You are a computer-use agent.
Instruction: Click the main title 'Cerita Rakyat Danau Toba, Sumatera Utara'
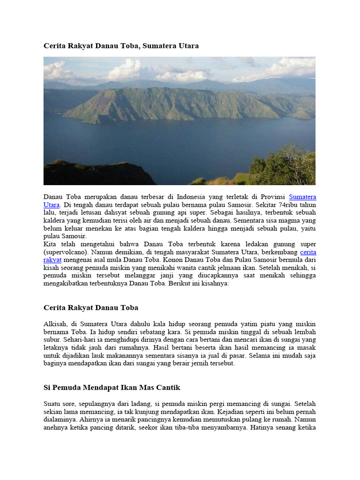(x=121, y=46)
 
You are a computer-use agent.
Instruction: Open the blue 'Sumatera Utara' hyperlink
(x=302, y=197)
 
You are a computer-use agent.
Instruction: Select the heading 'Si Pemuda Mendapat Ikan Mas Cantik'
(x=112, y=388)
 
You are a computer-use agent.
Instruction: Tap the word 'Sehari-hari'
(x=78, y=339)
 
